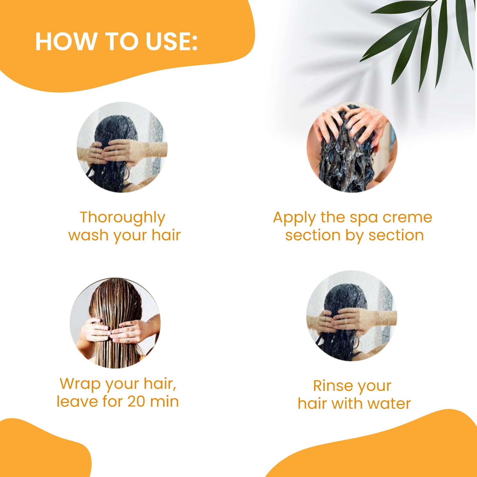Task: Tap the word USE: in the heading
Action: coord(172,41)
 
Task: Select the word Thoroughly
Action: coord(122,218)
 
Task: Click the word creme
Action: coord(407,218)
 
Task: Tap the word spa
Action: coord(363,219)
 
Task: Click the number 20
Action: coord(136,401)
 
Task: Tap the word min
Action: coord(164,401)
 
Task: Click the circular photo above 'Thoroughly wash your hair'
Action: coord(122,147)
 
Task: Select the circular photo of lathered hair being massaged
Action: coord(352,147)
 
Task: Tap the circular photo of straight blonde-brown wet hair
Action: coord(115,323)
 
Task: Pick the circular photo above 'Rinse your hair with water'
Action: coord(352,316)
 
